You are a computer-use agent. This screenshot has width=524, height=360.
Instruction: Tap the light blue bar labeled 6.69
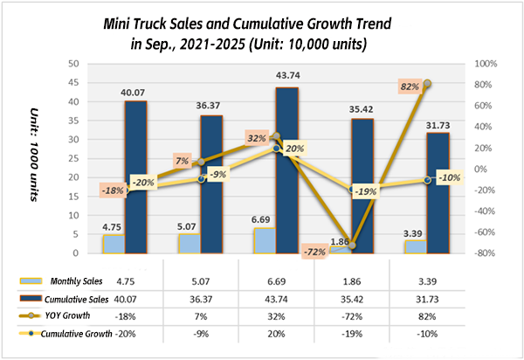coord(264,240)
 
